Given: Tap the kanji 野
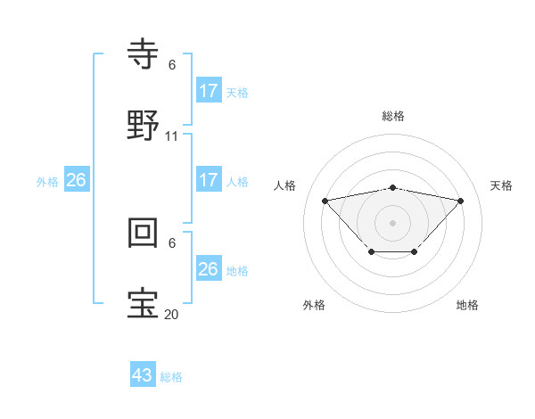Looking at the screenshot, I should pyautogui.click(x=144, y=126).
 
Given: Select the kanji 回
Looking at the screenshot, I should pyautogui.click(x=144, y=233).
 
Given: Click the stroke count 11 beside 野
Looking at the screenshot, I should pyautogui.click(x=172, y=136).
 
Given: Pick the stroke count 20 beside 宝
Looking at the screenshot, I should pyautogui.click(x=172, y=314).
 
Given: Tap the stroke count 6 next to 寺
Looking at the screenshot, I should pyautogui.click(x=172, y=65).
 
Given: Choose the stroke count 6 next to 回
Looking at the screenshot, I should pyautogui.click(x=172, y=242).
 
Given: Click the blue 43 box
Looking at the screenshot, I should pyautogui.click(x=143, y=375).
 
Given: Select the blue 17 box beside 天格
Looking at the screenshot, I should pyautogui.click(x=209, y=91).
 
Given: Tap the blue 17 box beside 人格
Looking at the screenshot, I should pyautogui.click(x=209, y=180).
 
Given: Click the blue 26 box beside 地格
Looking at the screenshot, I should pyautogui.click(x=209, y=269).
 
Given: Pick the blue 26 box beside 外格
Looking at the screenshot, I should pyautogui.click(x=77, y=180).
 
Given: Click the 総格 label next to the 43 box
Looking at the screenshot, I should pyautogui.click(x=171, y=377).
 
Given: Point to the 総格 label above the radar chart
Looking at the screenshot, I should pyautogui.click(x=392, y=116).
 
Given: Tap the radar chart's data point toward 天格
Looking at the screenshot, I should pyautogui.click(x=460, y=201).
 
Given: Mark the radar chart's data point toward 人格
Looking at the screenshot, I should pyautogui.click(x=325, y=200).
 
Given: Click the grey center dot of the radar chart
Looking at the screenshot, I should pyautogui.click(x=392, y=222).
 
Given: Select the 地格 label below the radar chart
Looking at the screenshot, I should pyautogui.click(x=467, y=305).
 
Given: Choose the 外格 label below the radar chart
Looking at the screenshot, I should pyautogui.click(x=314, y=305).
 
